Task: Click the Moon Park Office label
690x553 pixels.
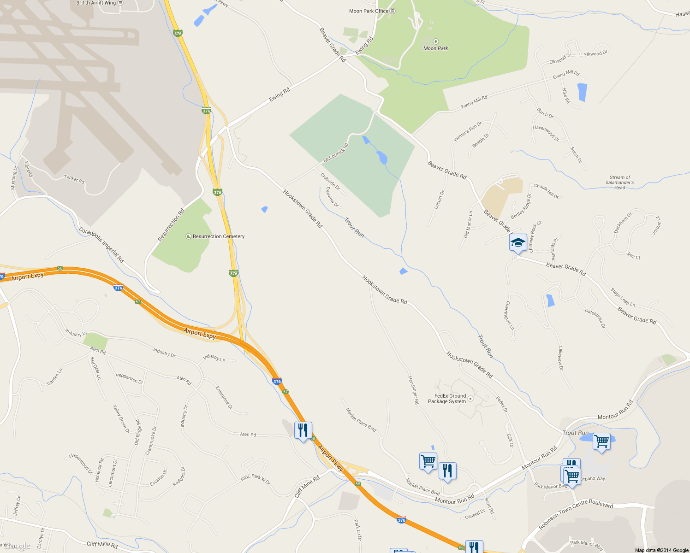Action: (369, 11)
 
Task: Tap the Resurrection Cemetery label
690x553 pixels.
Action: (219, 236)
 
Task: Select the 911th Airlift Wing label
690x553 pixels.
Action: (96, 3)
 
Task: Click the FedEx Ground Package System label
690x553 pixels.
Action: (447, 399)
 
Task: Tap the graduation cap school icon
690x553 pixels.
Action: (518, 242)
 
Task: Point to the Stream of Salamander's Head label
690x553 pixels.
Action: (619, 182)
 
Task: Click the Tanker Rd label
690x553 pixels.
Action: (74, 179)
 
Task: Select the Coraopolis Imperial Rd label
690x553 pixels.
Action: (101, 245)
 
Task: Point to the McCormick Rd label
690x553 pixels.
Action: (336, 153)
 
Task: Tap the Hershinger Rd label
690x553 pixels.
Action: (413, 390)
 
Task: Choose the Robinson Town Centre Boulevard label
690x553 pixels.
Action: (576, 514)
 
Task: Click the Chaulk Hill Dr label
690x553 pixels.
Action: (546, 191)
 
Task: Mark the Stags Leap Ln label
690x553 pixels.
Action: (623, 297)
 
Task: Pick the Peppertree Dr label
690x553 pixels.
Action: (129, 378)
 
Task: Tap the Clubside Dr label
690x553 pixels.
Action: (330, 182)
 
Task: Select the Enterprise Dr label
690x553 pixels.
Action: (224, 398)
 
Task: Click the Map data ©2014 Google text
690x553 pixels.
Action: (661, 550)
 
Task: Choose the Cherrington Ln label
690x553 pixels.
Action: (509, 315)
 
